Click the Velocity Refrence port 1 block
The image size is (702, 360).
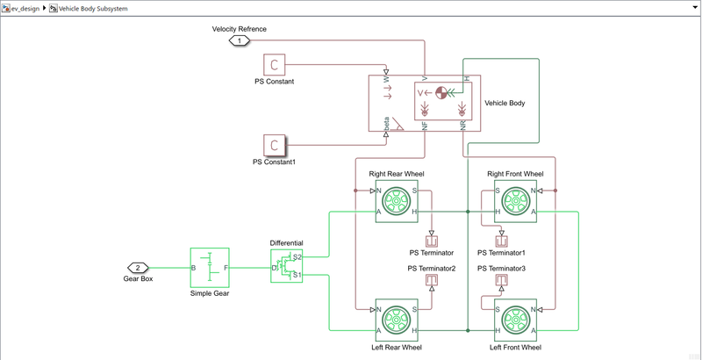(x=239, y=40)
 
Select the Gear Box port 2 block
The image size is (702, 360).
(x=138, y=268)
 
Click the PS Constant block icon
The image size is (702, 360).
(x=275, y=64)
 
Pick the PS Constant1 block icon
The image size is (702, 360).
(x=275, y=145)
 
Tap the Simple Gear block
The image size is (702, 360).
(x=210, y=268)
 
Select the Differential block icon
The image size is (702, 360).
(x=287, y=266)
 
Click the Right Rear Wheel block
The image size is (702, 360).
(x=397, y=201)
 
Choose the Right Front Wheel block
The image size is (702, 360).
(x=515, y=201)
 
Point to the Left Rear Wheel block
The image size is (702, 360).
(x=397, y=320)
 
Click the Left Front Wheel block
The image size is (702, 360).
(x=515, y=320)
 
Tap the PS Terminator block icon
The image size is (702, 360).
(x=432, y=241)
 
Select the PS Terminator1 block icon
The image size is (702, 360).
(x=502, y=241)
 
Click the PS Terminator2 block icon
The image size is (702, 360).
(x=432, y=280)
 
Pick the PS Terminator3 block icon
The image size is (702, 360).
(x=502, y=280)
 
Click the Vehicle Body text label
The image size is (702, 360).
(x=505, y=104)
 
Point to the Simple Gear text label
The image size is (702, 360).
(x=210, y=294)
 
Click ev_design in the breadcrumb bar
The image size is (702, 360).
(x=25, y=9)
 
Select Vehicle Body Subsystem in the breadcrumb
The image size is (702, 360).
(x=93, y=9)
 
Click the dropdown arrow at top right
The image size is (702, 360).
(x=695, y=8)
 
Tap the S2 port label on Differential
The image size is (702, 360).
(x=297, y=257)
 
